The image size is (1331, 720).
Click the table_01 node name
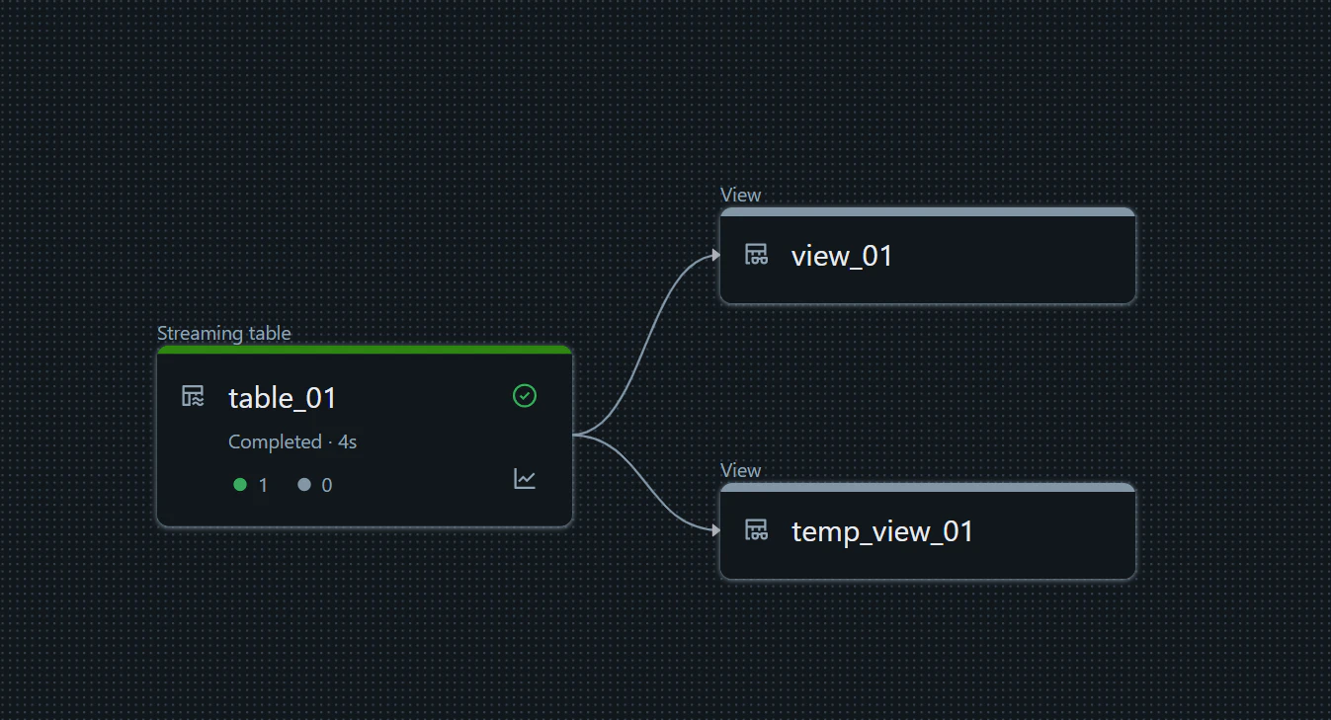[283, 397]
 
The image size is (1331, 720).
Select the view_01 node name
[841, 256]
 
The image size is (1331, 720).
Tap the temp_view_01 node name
[881, 531]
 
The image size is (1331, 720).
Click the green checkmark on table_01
[524, 396]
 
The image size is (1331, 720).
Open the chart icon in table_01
[524, 479]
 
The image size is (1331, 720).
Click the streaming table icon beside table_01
[193, 396]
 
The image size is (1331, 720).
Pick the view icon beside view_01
[757, 254]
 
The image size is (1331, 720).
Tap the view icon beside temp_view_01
[757, 530]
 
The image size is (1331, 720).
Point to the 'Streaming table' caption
[224, 333]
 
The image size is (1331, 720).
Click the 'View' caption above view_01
[740, 195]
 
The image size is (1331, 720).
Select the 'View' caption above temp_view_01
[740, 470]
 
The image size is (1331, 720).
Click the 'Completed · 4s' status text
[292, 442]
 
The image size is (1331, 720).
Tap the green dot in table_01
[240, 485]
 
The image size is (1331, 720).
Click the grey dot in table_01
[304, 485]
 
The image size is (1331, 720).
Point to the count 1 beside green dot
[263, 485]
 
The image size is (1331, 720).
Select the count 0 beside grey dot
[327, 485]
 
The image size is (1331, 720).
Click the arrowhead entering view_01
[716, 256]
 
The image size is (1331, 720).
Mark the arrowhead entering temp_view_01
[716, 530]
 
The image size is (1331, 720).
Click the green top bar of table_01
[365, 350]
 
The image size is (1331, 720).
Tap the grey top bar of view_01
[928, 212]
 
